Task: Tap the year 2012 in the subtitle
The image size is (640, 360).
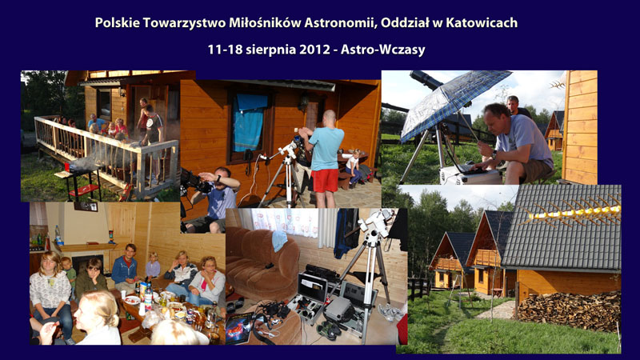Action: (x=314, y=50)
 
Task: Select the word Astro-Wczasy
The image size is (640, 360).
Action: (x=383, y=50)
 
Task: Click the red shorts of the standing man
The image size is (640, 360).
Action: (x=325, y=181)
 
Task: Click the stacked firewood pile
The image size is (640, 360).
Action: (x=570, y=310)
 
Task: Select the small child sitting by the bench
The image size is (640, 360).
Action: (x=352, y=166)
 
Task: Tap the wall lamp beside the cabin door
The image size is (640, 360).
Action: (x=303, y=102)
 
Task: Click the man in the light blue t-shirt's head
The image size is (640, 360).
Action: (x=330, y=118)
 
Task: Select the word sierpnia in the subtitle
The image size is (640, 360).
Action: (x=272, y=50)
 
